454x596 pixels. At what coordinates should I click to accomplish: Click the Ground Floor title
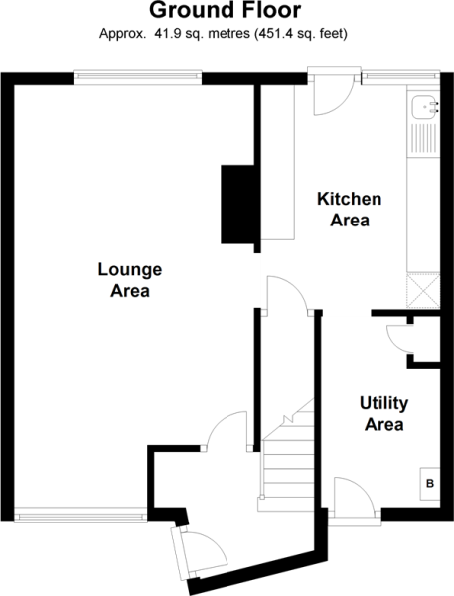[x=226, y=11]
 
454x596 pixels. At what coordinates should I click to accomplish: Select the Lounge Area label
[x=130, y=280]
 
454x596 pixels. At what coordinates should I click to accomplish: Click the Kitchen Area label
[x=350, y=210]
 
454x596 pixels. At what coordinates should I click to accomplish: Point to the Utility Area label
[x=384, y=414]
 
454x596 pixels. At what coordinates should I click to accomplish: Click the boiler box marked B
[x=430, y=484]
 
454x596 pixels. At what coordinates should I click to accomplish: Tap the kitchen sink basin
[x=425, y=107]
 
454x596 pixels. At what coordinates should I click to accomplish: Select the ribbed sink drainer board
[x=425, y=138]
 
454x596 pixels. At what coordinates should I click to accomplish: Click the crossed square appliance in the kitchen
[x=423, y=290]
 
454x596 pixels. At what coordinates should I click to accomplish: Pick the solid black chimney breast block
[x=238, y=204]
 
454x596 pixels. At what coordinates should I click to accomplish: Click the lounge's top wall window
[x=137, y=77]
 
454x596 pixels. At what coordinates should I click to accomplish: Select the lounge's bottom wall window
[x=80, y=516]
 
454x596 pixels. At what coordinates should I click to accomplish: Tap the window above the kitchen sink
[x=400, y=77]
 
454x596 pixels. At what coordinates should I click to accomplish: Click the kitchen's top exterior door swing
[x=334, y=95]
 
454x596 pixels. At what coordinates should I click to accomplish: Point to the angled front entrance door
[x=203, y=552]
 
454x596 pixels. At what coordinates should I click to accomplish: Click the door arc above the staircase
[x=288, y=295]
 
